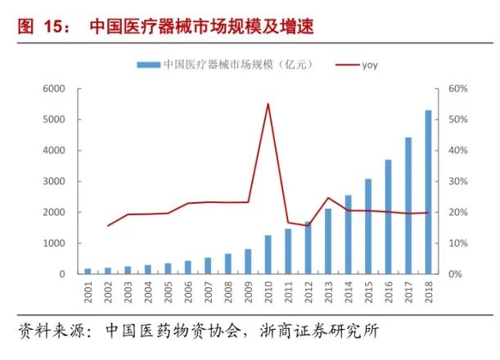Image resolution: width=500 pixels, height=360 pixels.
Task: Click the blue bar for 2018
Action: [428, 192]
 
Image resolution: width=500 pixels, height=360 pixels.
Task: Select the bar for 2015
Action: [368, 227]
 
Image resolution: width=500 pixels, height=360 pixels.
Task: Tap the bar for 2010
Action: [268, 254]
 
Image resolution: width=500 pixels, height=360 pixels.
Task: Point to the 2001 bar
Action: [88, 271]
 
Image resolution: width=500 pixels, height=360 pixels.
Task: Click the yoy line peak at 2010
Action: [268, 104]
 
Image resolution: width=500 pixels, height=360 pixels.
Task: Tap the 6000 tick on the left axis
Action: [53, 88]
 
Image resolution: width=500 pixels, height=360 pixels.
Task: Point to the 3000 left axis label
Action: [53, 182]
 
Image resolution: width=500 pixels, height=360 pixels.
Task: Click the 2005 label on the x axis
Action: [168, 293]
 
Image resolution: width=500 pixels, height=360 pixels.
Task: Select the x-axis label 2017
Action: [408, 293]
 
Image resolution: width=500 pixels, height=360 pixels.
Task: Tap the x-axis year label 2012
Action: [309, 293]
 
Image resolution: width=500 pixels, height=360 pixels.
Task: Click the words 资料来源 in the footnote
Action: [53, 332]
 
